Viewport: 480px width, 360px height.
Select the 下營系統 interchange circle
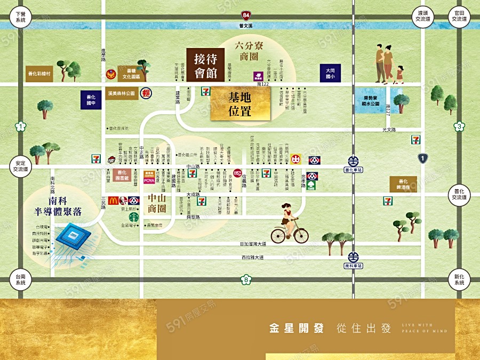21,17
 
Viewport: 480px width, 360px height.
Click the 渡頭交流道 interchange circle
423,16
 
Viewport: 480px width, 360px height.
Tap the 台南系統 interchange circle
21,279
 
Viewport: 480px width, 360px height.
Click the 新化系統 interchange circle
459,279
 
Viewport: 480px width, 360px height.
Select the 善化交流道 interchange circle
459,194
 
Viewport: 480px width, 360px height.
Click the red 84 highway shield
245,15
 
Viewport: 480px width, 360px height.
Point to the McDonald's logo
113,201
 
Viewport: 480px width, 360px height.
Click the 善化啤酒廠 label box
403,184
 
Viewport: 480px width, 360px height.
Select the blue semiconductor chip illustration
73,238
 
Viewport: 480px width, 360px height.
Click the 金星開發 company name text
297,328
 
